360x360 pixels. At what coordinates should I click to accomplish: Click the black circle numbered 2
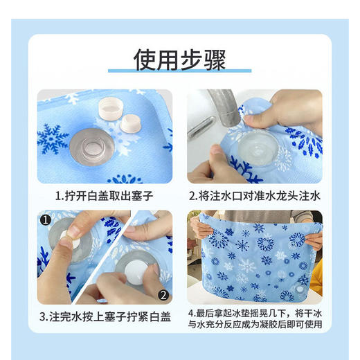click(x=163, y=294)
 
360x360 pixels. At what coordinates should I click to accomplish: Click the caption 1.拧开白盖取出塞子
click(x=104, y=196)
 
